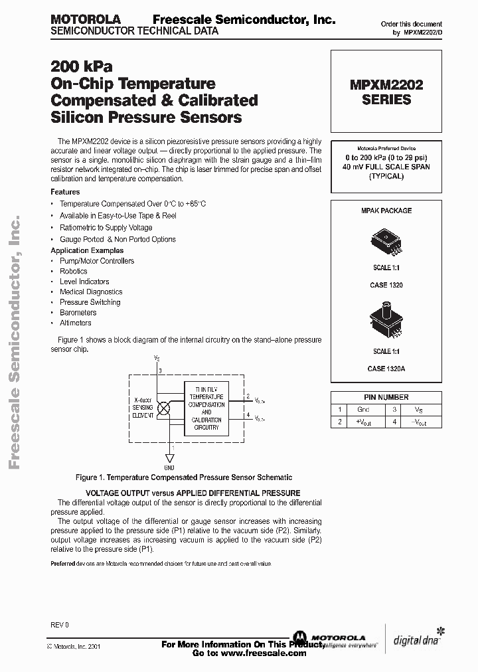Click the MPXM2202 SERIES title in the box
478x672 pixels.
coord(386,92)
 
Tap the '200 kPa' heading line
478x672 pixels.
coord(82,67)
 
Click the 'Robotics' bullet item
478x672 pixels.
coord(74,271)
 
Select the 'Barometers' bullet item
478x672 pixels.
coord(78,312)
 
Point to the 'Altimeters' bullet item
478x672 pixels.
coord(76,323)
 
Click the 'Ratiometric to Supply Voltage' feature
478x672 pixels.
coord(106,228)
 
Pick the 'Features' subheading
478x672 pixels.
coord(65,192)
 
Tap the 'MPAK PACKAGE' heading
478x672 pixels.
coord(386,210)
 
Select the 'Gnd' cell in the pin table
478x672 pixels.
coord(363,410)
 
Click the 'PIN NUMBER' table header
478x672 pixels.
coord(386,397)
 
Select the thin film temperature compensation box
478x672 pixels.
coord(206,408)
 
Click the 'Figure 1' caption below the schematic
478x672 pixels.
coord(184,477)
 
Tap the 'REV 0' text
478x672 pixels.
coord(59,625)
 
